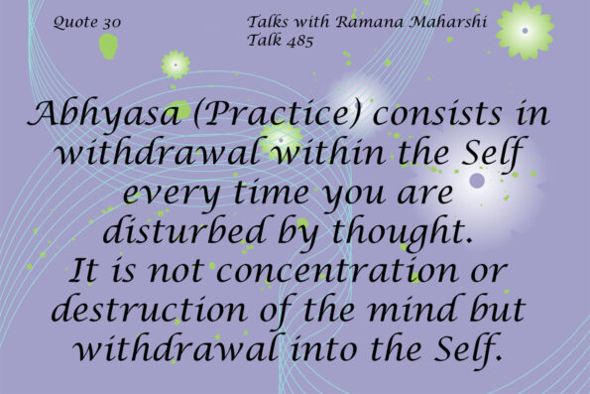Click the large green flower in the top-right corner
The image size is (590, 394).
coord(525,29)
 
